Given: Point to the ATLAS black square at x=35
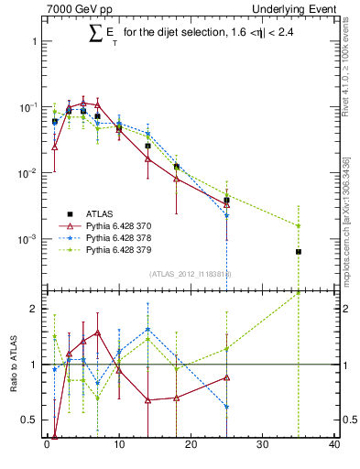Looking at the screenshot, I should click(299, 251).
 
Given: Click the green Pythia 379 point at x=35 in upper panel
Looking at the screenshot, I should click(299, 225).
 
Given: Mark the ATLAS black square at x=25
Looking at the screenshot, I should click(226, 200).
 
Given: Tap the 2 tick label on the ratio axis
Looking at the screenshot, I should click(35, 309).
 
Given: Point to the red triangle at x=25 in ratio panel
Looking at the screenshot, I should click(226, 377).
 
